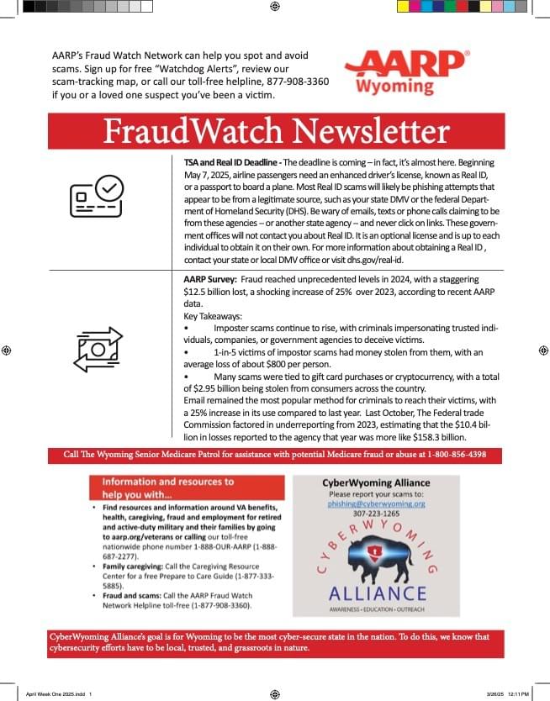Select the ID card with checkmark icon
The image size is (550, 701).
point(97,199)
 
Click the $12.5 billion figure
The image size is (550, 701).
point(207,290)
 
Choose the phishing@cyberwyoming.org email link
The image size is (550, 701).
point(376,503)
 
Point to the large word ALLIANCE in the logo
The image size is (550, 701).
point(377,593)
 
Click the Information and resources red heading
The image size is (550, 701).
point(167,488)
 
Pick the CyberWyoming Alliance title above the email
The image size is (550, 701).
point(376,483)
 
